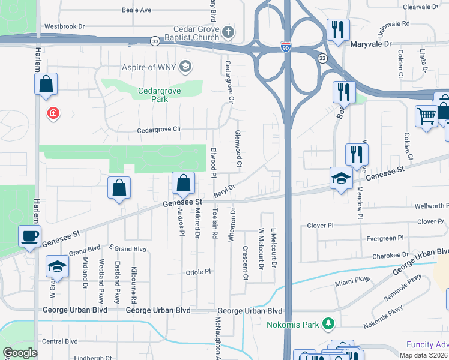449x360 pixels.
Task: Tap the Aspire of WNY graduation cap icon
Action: [186, 66]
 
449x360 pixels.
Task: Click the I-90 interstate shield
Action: [286, 46]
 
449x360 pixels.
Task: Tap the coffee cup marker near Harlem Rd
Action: [29, 236]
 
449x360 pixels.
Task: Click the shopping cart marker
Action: [427, 116]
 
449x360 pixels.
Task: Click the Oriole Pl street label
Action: [199, 271]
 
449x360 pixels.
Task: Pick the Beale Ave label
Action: [136, 10]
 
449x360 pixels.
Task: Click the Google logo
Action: [20, 353]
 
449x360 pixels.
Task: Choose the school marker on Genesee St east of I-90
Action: [341, 179]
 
